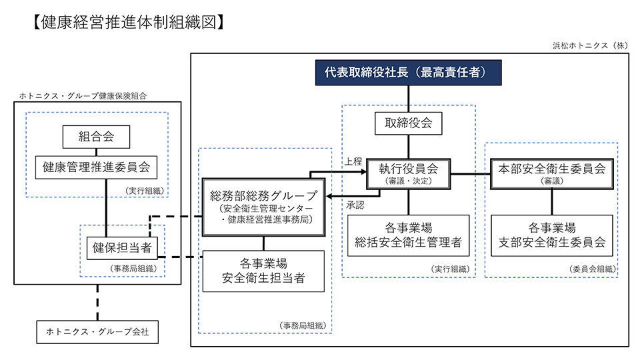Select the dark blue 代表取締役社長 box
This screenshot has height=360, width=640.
click(x=408, y=72)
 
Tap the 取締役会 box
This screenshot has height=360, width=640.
click(x=409, y=123)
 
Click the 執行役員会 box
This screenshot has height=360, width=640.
click(x=409, y=173)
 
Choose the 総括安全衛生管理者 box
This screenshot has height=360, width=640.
click(x=409, y=235)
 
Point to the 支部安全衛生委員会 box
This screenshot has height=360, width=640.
click(x=551, y=235)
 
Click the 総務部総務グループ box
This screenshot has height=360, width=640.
click(x=264, y=205)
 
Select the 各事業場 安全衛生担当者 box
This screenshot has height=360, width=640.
click(x=264, y=271)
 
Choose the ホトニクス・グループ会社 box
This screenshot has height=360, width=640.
click(x=97, y=331)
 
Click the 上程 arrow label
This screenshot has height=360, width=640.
click(x=353, y=161)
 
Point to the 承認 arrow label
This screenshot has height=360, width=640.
click(x=355, y=205)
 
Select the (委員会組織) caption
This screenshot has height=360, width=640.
click(x=592, y=269)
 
